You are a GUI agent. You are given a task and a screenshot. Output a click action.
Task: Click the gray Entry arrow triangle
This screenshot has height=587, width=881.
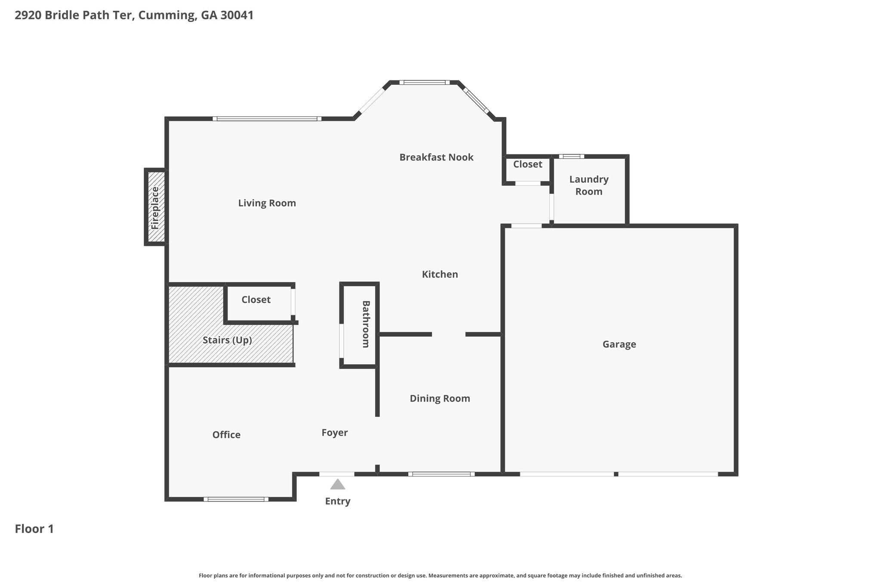(x=338, y=484)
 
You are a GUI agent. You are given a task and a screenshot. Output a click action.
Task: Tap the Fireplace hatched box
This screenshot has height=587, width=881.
(x=155, y=207)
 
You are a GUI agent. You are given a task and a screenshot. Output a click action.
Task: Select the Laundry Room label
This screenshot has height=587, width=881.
(x=589, y=185)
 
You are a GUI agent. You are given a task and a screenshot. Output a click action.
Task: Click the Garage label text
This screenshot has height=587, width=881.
(x=619, y=344)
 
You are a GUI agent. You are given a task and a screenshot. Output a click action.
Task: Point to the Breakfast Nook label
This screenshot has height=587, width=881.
(x=436, y=157)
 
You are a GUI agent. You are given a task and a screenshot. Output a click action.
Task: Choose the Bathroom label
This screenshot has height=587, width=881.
(x=366, y=324)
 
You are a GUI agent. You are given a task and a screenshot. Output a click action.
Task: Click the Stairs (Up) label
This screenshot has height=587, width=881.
(x=227, y=340)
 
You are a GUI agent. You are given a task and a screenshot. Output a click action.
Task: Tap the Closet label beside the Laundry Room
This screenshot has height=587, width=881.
(x=527, y=164)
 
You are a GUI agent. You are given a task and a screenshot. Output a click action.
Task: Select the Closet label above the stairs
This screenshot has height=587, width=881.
(x=256, y=300)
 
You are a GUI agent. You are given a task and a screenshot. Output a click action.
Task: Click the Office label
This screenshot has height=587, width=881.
(x=226, y=435)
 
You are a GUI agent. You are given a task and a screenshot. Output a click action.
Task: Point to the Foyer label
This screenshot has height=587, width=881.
(x=335, y=433)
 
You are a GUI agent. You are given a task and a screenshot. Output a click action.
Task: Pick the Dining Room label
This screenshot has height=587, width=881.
(x=440, y=399)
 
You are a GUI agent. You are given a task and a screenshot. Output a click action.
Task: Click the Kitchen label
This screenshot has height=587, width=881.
(x=440, y=274)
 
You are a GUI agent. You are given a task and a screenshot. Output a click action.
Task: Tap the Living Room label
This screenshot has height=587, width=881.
(x=267, y=203)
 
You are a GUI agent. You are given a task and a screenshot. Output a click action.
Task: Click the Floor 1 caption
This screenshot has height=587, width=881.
(x=34, y=529)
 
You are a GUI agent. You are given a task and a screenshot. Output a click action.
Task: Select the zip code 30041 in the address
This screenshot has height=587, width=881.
(x=237, y=15)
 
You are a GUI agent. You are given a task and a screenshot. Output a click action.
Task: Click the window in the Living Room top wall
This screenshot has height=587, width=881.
(x=267, y=119)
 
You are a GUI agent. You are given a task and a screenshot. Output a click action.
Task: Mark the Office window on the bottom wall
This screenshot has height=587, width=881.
(x=236, y=499)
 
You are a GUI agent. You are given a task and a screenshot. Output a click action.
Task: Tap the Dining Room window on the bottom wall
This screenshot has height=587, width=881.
(x=441, y=474)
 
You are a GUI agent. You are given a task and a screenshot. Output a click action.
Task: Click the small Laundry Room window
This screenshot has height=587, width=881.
(x=571, y=157)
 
